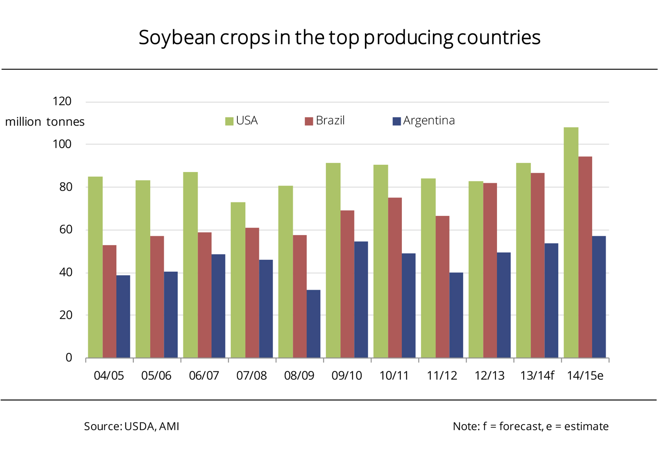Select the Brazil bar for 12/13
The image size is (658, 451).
[490, 270]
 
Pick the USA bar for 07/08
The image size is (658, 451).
[238, 280]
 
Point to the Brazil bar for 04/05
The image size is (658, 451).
[110, 301]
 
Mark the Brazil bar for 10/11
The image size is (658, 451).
[395, 278]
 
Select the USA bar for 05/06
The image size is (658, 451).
[143, 269]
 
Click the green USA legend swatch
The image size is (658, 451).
[229, 121]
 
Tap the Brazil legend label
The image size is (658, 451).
[330, 121]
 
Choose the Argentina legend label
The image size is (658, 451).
[429, 121]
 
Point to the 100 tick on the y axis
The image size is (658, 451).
[62, 144]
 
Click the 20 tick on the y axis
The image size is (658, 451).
[66, 315]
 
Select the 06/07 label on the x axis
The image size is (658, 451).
[204, 376]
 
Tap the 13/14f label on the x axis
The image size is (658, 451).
[537, 376]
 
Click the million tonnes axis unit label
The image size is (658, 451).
[45, 122]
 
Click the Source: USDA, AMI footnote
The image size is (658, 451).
[131, 426]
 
